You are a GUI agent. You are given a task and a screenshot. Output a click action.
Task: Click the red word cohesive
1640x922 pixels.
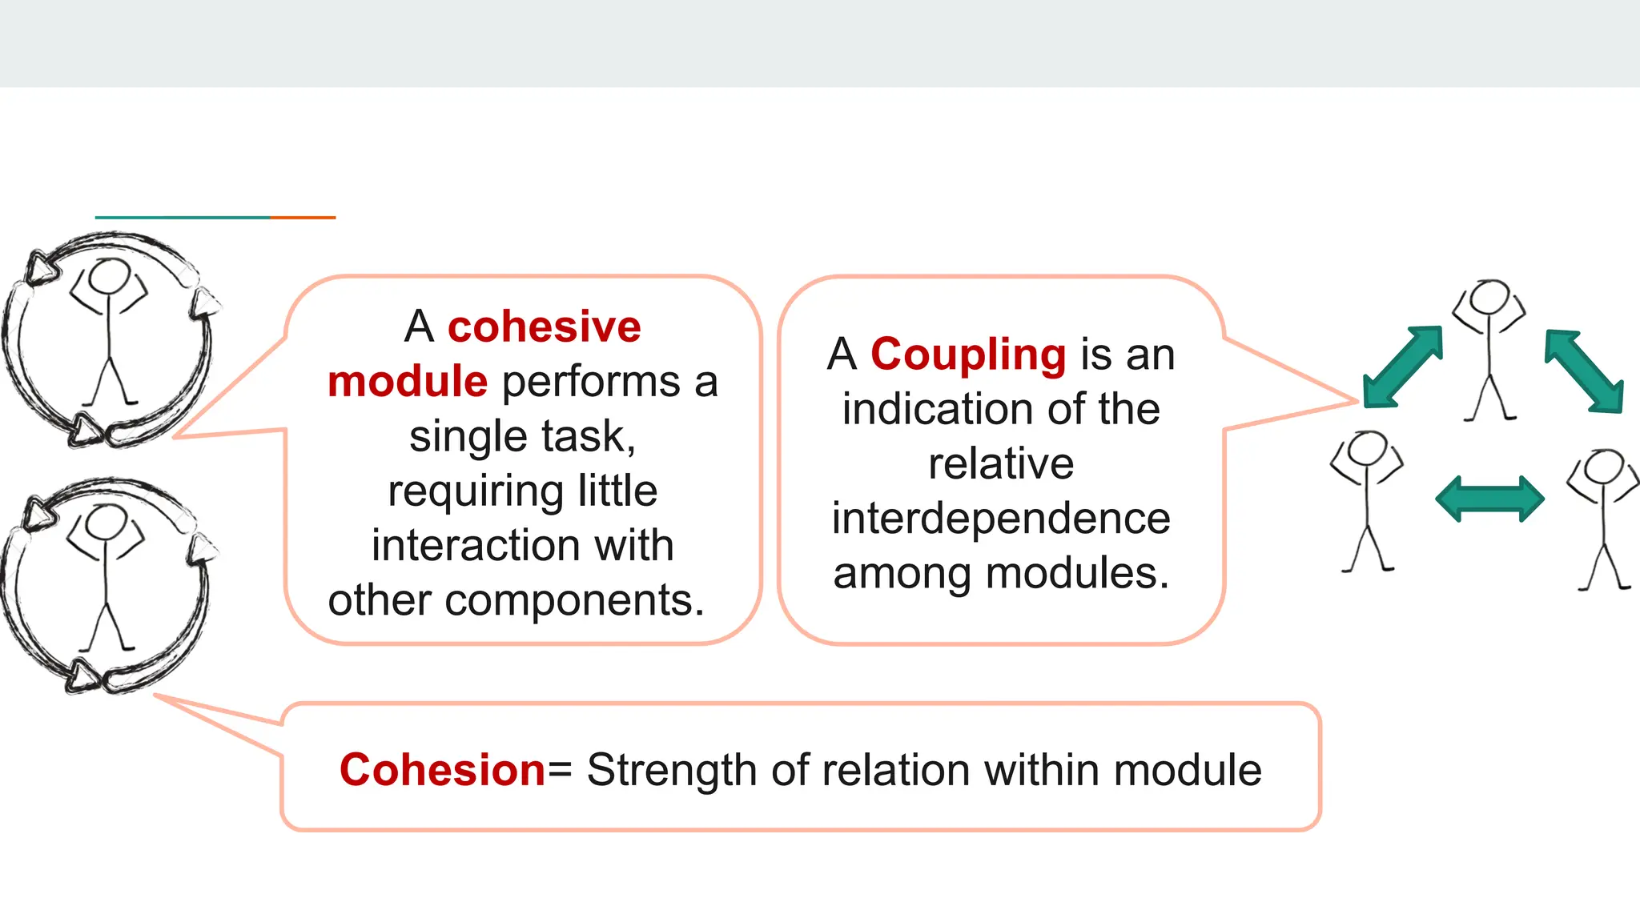tap(545, 327)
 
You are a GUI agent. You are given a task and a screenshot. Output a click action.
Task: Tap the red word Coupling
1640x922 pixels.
tap(967, 355)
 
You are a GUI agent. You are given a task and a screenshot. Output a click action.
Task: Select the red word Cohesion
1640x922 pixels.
tap(442, 770)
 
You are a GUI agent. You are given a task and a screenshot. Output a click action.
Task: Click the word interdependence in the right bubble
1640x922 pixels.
tap(1001, 519)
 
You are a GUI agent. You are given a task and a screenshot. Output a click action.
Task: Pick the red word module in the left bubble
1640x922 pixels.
tap(408, 382)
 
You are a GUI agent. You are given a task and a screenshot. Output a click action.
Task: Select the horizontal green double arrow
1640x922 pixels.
tap(1489, 499)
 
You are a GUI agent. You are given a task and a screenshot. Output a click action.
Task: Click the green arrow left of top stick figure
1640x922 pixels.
tap(1403, 367)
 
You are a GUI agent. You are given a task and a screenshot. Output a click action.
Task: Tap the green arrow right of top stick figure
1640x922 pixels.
tap(1585, 371)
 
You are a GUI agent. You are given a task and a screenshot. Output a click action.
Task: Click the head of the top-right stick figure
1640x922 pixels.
tap(1489, 298)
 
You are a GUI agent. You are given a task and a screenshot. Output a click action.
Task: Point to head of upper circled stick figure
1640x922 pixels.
tap(107, 277)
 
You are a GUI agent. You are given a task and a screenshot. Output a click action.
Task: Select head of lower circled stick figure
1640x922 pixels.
tap(104, 523)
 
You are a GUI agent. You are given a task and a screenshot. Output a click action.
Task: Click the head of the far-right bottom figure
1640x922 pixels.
tap(1604, 467)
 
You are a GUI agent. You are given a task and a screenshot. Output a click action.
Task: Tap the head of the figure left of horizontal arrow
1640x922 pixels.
tap(1367, 448)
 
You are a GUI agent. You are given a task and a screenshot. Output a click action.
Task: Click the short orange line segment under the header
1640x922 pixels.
tap(303, 218)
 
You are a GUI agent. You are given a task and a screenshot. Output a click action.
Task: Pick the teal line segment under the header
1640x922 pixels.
tap(183, 218)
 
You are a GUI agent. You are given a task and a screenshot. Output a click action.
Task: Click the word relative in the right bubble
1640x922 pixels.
tap(1001, 464)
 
